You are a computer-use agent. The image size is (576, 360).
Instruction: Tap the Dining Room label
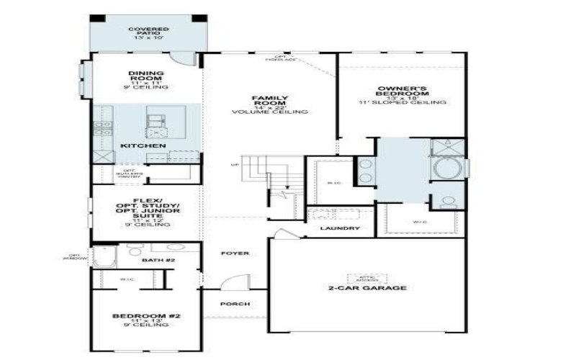pyautogui.click(x=145, y=79)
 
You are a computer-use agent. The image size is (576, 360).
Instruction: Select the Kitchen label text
pyautogui.click(x=143, y=146)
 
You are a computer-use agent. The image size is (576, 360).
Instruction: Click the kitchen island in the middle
pyautogui.click(x=156, y=122)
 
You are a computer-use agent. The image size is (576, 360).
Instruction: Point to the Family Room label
pyautogui.click(x=269, y=104)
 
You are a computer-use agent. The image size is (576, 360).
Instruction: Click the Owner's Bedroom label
pyautogui.click(x=402, y=96)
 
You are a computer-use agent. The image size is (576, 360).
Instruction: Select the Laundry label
pyautogui.click(x=341, y=229)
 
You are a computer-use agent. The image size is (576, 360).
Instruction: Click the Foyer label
pyautogui.click(x=235, y=253)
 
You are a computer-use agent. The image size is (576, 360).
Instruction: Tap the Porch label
pyautogui.click(x=235, y=304)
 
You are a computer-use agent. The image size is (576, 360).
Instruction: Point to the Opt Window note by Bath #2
pyautogui.click(x=78, y=256)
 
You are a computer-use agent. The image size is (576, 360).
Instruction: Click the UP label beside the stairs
pyautogui.click(x=234, y=165)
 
